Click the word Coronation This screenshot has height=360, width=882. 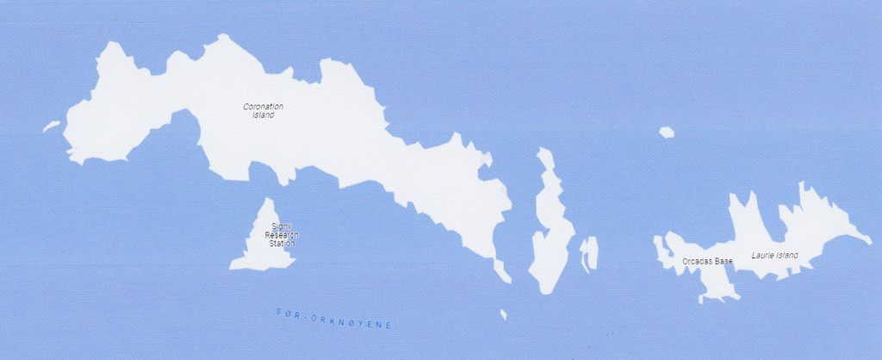(263, 107)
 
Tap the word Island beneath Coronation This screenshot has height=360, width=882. (263, 115)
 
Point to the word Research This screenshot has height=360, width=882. (281, 235)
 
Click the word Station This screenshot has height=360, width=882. (282, 244)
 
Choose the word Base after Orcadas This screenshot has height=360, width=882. (724, 260)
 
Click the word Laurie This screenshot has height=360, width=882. (762, 256)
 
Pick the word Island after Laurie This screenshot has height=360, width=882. (786, 256)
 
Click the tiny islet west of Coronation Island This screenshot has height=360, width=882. (51, 127)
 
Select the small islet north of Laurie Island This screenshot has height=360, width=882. (666, 132)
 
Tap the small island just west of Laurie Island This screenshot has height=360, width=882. (589, 254)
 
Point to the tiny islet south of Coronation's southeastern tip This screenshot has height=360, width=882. (503, 314)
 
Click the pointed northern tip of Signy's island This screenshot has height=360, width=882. (270, 200)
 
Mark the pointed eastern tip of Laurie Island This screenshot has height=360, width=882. (869, 240)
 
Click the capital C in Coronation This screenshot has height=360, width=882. (245, 107)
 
